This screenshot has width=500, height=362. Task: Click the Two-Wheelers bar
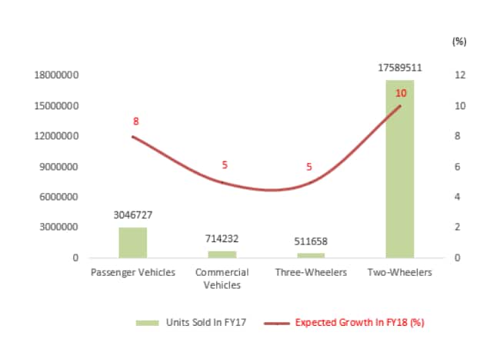[399, 169]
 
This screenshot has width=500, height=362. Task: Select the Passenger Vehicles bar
[132, 242]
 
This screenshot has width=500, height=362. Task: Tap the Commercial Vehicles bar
[222, 254]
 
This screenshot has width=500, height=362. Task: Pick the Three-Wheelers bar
[311, 255]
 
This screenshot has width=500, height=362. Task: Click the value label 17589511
[399, 68]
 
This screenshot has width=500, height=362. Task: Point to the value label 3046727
[133, 216]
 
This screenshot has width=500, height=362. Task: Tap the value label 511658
[311, 241]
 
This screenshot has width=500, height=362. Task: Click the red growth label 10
[401, 93]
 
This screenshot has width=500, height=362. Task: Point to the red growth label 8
[135, 121]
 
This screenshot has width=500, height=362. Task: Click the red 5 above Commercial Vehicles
[225, 165]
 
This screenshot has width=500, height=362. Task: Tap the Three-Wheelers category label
[311, 273]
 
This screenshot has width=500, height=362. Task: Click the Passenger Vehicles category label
[133, 273]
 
